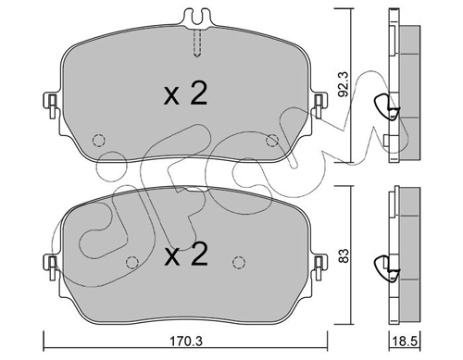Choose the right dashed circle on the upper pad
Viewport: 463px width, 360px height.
tap(271, 139)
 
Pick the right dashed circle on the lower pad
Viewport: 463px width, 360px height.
tap(240, 261)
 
